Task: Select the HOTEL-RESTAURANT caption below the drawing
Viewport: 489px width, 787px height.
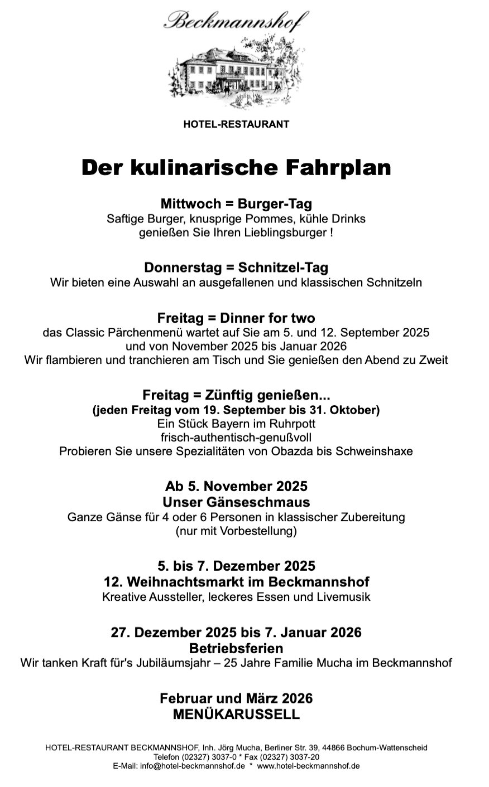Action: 236,124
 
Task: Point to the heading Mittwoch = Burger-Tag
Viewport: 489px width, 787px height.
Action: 236,203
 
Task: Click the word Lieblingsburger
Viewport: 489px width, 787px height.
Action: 285,232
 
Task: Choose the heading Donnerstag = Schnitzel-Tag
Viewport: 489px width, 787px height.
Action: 236,268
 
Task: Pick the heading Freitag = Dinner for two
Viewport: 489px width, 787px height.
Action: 236,318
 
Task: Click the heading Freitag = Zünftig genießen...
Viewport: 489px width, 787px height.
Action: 236,396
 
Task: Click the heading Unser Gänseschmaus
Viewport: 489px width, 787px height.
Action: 236,502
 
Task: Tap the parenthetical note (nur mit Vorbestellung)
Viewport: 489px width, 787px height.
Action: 236,531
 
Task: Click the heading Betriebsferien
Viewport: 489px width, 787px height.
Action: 236,648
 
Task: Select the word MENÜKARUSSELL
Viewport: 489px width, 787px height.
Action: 236,715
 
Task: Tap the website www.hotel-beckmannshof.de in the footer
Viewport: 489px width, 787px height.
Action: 308,766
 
